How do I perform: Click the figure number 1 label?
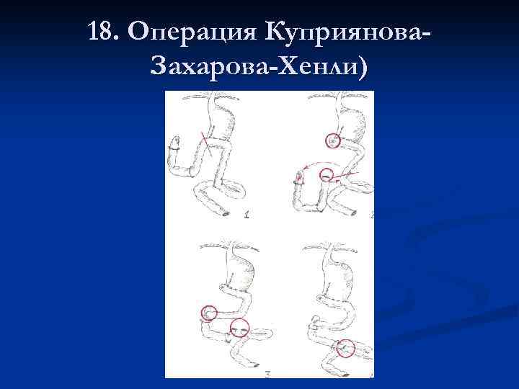[x=247, y=213]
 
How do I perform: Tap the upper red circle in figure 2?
[x=332, y=140]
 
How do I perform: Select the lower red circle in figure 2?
[x=328, y=174]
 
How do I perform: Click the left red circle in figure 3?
[x=208, y=313]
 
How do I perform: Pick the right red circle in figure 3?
[x=240, y=328]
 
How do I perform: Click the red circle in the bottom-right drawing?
[x=345, y=348]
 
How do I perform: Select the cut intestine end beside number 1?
[x=227, y=213]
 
